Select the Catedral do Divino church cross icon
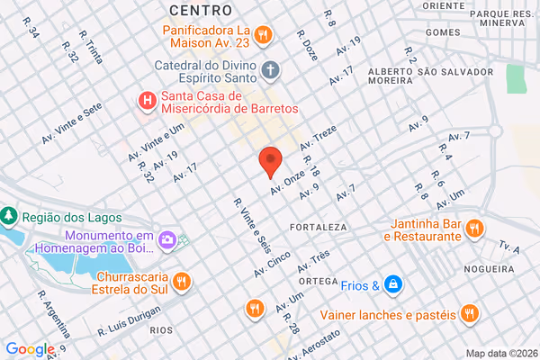pyautogui.click(x=269, y=68)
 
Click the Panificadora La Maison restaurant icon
pyautogui.click(x=262, y=35)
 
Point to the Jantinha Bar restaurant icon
pyautogui.click(x=473, y=230)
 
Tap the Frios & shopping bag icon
pyautogui.click(x=392, y=285)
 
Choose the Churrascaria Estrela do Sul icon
pyautogui.click(x=181, y=282)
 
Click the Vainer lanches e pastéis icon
pyautogui.click(x=467, y=314)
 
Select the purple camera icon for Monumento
pyautogui.click(x=167, y=239)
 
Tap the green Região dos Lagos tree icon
pyautogui.click(x=9, y=216)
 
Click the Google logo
pyautogui.click(x=30, y=350)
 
